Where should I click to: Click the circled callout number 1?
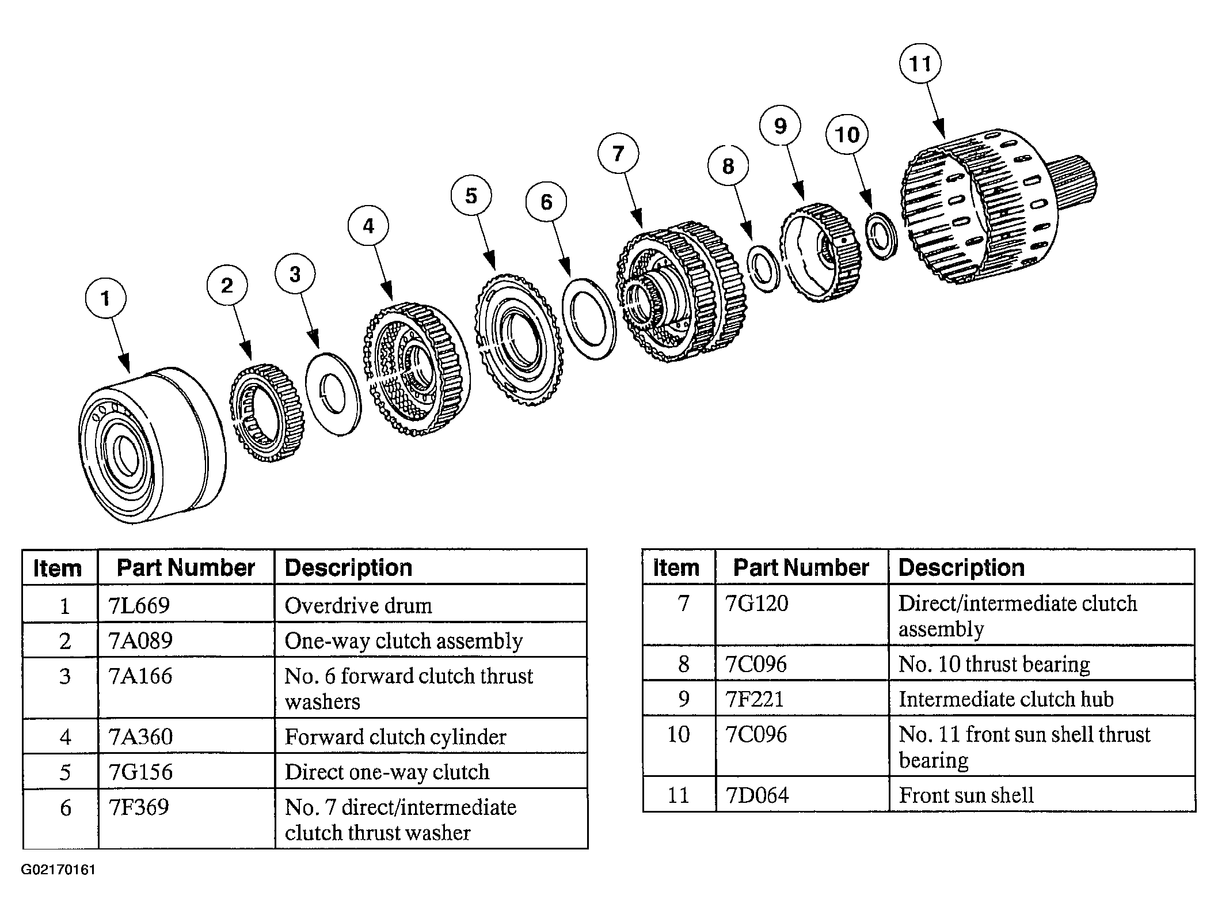tap(105, 299)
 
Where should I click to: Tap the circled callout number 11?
tap(919, 63)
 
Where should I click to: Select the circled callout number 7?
tap(618, 154)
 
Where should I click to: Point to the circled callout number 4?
tap(368, 226)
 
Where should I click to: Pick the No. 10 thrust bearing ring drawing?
tap(763, 268)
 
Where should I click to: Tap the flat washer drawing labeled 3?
tap(333, 394)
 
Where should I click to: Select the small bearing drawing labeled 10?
tap(881, 236)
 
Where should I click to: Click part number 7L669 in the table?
tap(139, 605)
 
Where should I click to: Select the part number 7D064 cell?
tap(756, 795)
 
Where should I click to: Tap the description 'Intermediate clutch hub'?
tap(1006, 699)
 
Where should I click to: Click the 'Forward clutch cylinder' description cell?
tap(395, 737)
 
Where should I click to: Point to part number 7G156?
tap(140, 772)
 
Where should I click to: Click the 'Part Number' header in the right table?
tap(801, 568)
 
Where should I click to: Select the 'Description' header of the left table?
tap(348, 568)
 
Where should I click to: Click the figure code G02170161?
tap(58, 870)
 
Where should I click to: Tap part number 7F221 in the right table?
tap(755, 699)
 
